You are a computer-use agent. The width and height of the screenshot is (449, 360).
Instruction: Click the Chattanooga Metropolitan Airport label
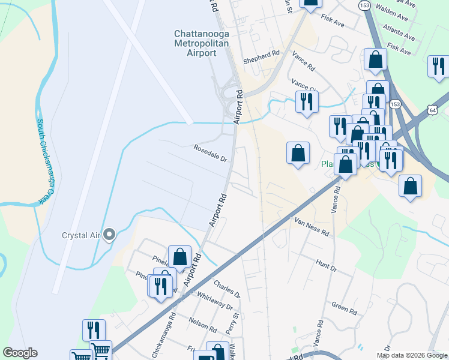pyautogui.click(x=195, y=43)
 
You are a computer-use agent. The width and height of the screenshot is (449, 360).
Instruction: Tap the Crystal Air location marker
pyautogui.click(x=109, y=235)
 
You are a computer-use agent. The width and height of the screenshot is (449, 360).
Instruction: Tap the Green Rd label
pyautogui.click(x=344, y=307)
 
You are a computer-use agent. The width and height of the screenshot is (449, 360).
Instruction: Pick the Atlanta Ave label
pyautogui.click(x=400, y=33)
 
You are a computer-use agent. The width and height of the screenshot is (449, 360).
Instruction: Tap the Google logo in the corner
pyautogui.click(x=20, y=353)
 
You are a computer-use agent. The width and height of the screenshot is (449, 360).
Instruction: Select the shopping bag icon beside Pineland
pyautogui.click(x=179, y=257)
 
